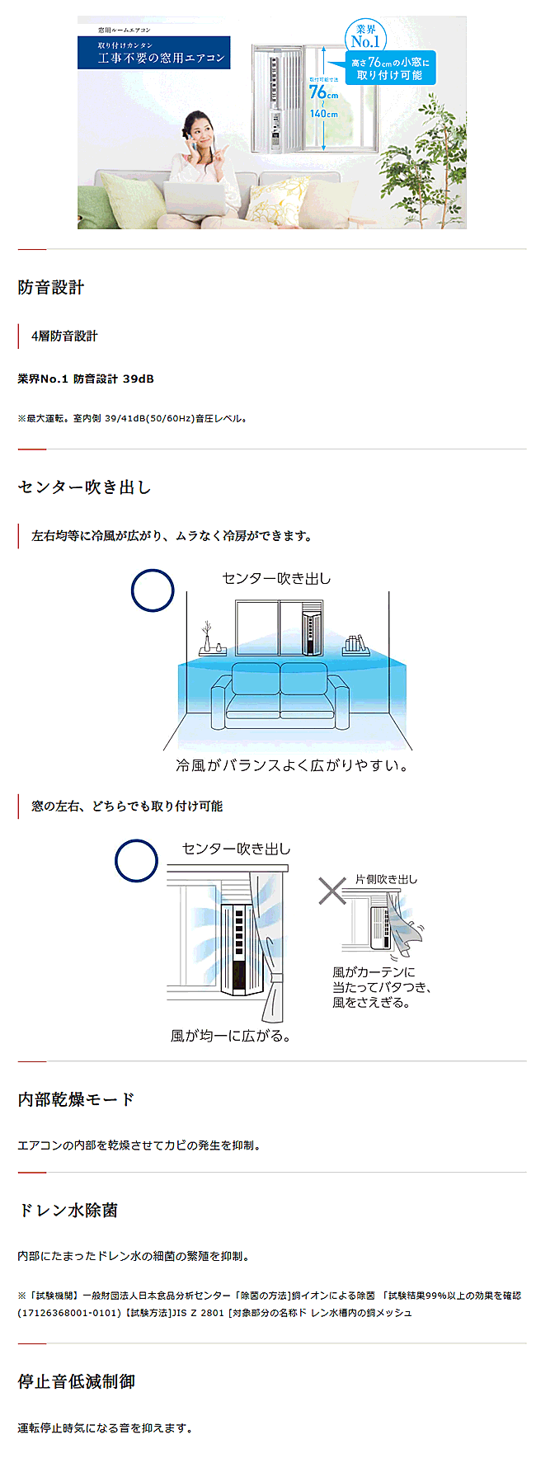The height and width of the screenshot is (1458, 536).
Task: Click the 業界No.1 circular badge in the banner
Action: point(365,36)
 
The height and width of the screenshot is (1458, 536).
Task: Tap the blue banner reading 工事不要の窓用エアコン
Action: point(154,53)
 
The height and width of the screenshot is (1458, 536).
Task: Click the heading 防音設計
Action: point(51,288)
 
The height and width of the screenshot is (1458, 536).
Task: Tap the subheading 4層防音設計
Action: point(64,336)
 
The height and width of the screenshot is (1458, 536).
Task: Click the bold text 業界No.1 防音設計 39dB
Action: point(86,379)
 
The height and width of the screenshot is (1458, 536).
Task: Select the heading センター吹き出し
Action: point(84,487)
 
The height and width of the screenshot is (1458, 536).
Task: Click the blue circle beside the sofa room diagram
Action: point(153,590)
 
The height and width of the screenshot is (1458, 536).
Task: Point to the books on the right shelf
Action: point(355,643)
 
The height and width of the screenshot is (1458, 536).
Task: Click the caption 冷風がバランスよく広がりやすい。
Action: point(293,765)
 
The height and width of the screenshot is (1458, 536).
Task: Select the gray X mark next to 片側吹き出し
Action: point(332,891)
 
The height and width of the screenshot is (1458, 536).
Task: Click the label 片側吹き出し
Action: point(386,879)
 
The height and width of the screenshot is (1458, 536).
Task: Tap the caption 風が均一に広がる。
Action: point(231,1036)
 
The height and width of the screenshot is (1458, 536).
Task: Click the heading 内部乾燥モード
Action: point(76,1099)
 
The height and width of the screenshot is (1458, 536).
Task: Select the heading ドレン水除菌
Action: point(68,1211)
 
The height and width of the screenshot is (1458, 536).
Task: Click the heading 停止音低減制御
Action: point(76,1381)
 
